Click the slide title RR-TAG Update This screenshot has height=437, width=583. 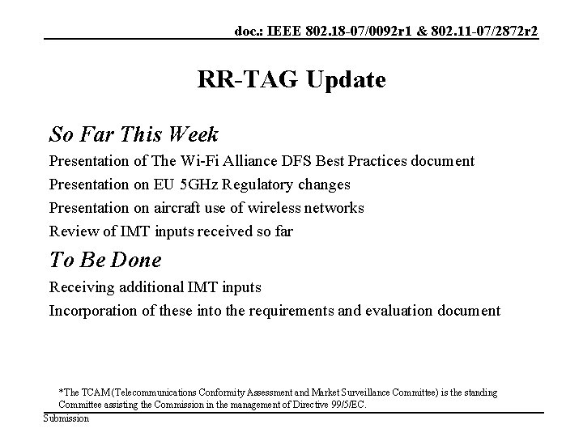coord(291,80)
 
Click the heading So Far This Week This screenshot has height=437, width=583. coord(134,132)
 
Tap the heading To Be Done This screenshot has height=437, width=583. coord(105,260)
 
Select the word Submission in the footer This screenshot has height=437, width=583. coord(66,418)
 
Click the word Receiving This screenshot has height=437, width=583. coord(83,287)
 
